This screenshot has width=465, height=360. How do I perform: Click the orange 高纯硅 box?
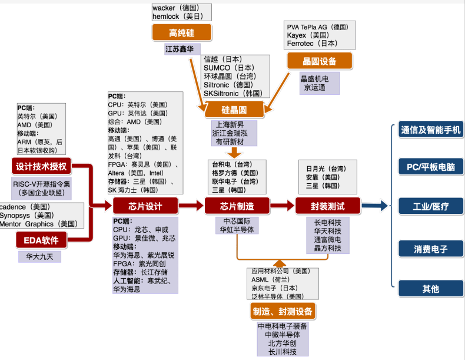pyautogui.click(x=182, y=32)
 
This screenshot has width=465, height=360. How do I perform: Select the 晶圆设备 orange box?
pyautogui.click(x=320, y=61)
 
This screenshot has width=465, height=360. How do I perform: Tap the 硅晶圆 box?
pyautogui.click(x=234, y=110)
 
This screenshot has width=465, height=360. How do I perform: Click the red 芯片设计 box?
pyautogui.click(x=145, y=206)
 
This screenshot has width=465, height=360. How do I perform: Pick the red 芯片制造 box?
pyautogui.click(x=237, y=206)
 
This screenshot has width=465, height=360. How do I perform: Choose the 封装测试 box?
pyautogui.click(x=328, y=206)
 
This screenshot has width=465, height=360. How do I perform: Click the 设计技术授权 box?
pyautogui.click(x=41, y=166)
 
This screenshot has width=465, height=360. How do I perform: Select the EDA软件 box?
pyautogui.click(x=41, y=240)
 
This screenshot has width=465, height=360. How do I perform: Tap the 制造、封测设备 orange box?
pyautogui.click(x=283, y=311)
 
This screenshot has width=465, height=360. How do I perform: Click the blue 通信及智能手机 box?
pyautogui.click(x=431, y=130)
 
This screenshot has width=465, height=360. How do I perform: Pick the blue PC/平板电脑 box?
pyautogui.click(x=431, y=167)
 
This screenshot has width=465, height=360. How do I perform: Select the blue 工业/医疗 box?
pyautogui.click(x=431, y=206)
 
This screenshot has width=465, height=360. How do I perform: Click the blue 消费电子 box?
pyautogui.click(x=431, y=249)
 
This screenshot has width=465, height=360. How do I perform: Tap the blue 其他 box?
pyautogui.click(x=431, y=289)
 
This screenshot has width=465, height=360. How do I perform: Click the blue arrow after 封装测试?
pyautogui.click(x=374, y=206)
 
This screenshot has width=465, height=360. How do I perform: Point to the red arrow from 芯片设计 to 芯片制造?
pyautogui.click(x=191, y=206)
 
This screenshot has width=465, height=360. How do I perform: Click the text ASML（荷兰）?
pyautogui.click(x=270, y=279)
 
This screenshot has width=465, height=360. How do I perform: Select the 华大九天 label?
pyautogui.click(x=39, y=257)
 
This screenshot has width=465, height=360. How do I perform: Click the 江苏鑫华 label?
pyautogui.click(x=180, y=49)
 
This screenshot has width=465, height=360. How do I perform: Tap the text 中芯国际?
pyautogui.click(x=237, y=221)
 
